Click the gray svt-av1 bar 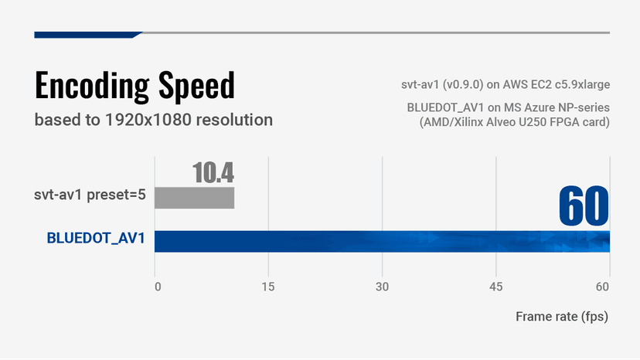[x=194, y=198]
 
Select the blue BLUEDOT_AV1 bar [x=382, y=241]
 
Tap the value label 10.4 [x=213, y=173]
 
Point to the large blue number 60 [x=584, y=205]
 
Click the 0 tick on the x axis [x=158, y=287]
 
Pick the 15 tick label [x=268, y=287]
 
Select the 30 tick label [x=382, y=287]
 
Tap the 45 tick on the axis [x=495, y=287]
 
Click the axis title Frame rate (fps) [x=563, y=317]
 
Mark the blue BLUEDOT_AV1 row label [x=96, y=238]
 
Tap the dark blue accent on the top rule [x=87, y=34]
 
